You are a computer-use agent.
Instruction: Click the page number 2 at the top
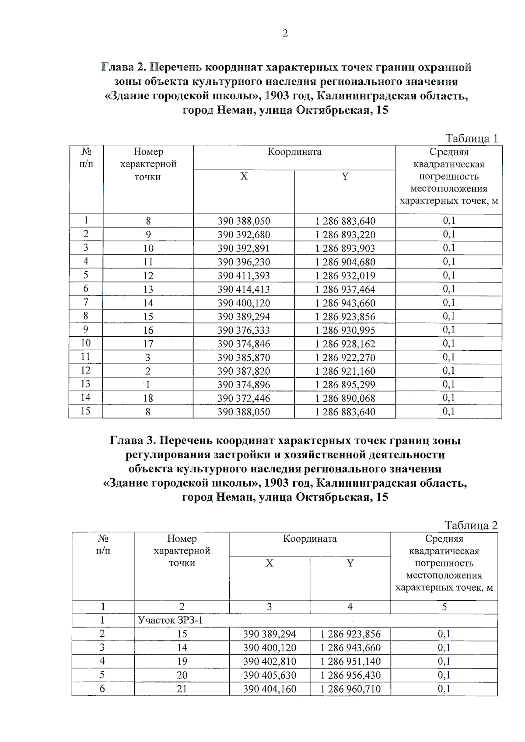[x=285, y=34]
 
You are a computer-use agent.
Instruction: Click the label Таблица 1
[x=471, y=139]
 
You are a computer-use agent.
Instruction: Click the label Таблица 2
[x=471, y=525]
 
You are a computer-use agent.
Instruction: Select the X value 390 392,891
[x=244, y=248]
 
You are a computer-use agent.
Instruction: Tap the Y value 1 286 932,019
[x=345, y=276]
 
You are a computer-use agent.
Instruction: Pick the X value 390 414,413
[x=244, y=289]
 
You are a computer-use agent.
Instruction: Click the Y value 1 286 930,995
[x=345, y=331]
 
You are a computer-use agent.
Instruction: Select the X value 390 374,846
[x=244, y=344]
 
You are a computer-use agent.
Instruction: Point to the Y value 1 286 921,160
[x=345, y=371]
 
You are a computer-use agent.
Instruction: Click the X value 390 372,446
[x=244, y=398]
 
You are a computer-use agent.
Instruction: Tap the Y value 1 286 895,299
[x=345, y=385]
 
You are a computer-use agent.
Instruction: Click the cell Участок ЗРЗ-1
[x=170, y=620]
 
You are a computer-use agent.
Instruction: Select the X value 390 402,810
[x=269, y=662]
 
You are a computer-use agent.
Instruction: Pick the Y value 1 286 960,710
[x=350, y=689]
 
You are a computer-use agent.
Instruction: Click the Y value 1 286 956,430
[x=350, y=675]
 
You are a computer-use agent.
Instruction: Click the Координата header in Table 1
[x=294, y=152]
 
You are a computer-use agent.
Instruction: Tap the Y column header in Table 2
[x=350, y=563]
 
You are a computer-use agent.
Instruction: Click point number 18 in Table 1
[x=148, y=398]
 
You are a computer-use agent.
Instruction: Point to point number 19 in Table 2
[x=182, y=662]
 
